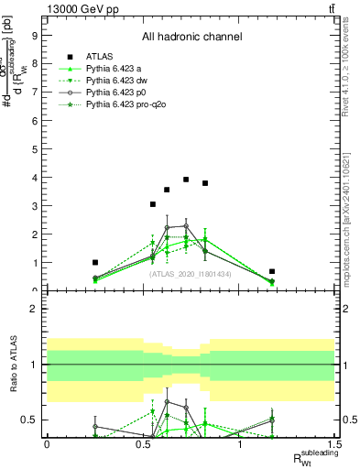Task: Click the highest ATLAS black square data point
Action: pyautogui.click(x=186, y=180)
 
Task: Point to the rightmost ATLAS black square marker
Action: pyautogui.click(x=272, y=271)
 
